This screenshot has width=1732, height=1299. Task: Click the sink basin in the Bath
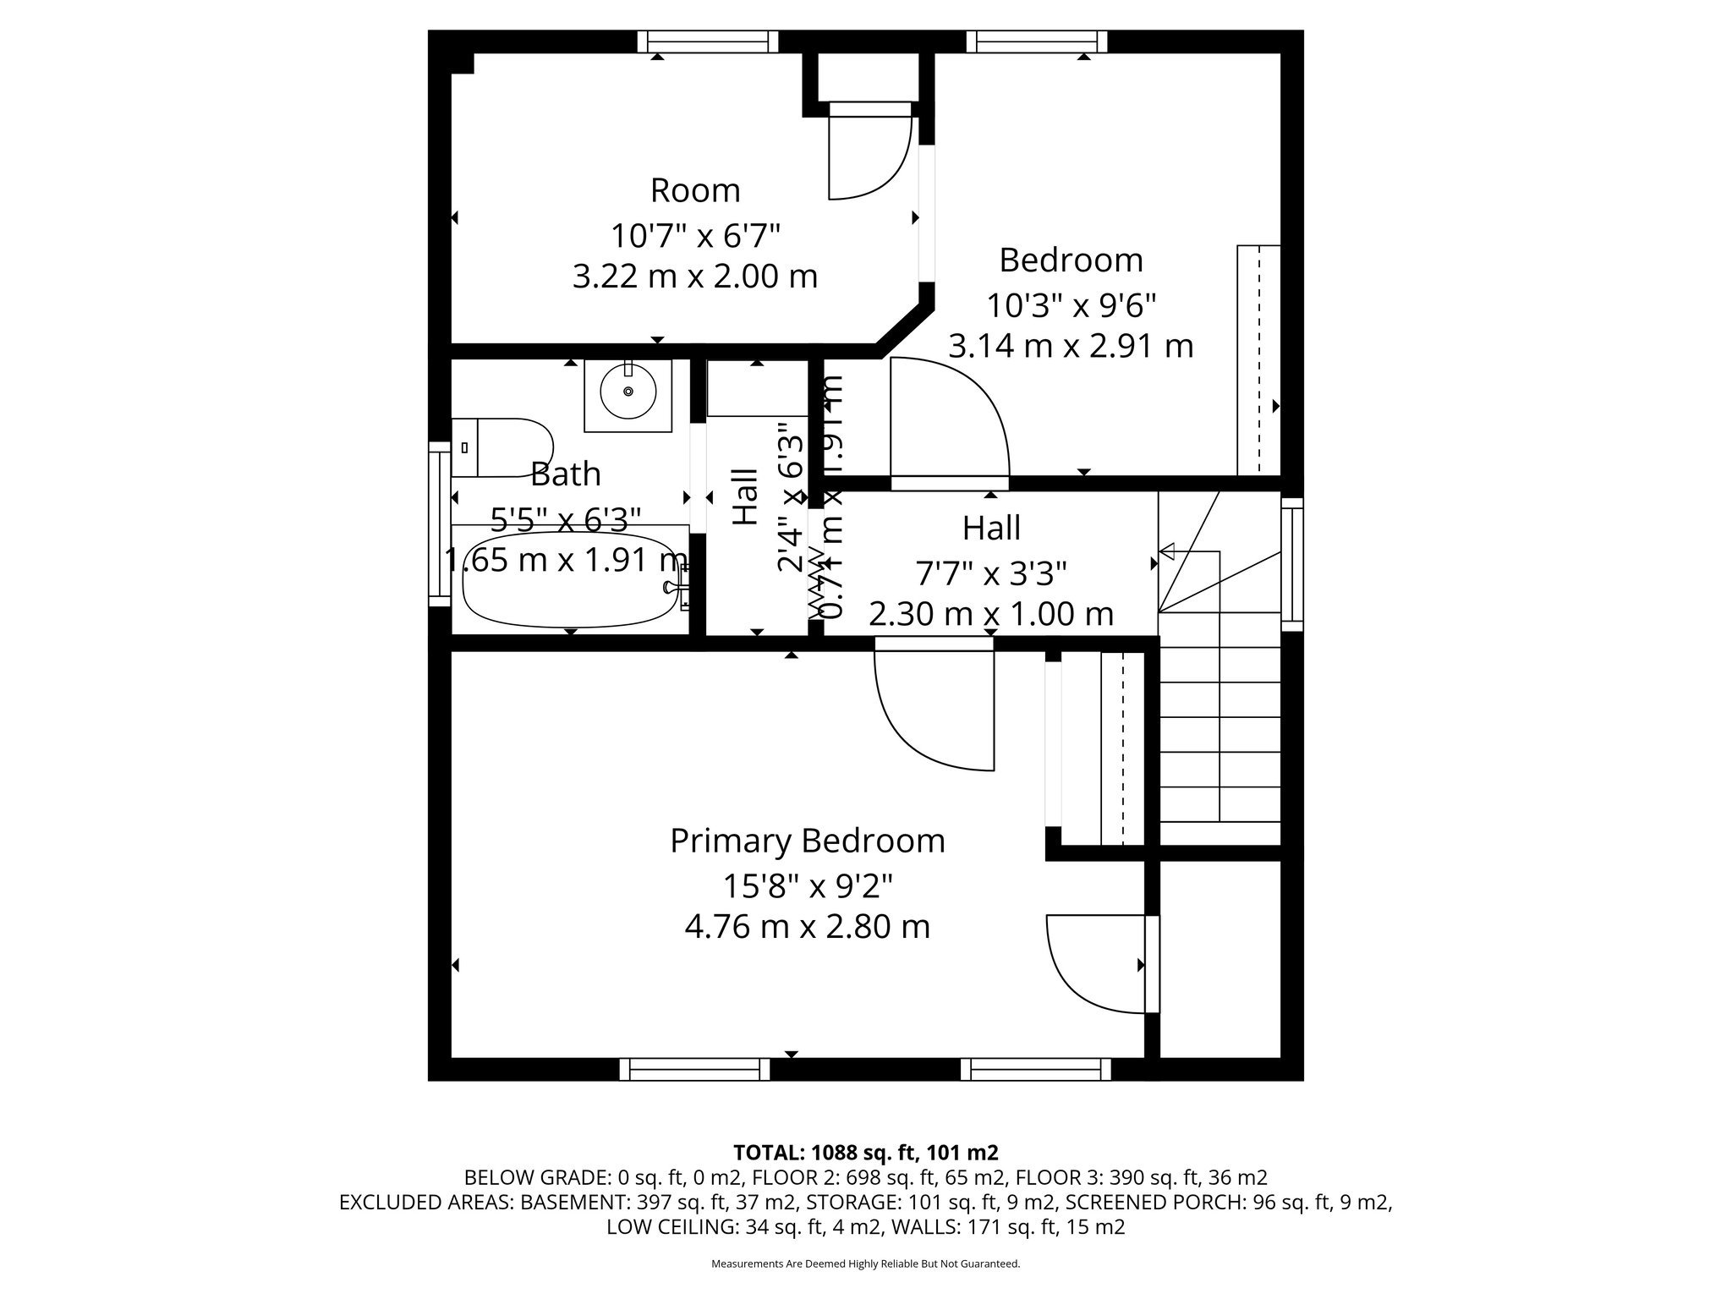tap(628, 392)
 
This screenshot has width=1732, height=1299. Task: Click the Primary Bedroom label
tap(807, 841)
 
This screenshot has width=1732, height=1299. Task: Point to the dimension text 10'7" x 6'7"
tap(694, 234)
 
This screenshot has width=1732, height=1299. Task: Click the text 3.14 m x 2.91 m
tap(1070, 346)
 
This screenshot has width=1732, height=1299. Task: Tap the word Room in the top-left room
tap(694, 190)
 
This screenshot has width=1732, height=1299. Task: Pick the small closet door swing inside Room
tap(867, 156)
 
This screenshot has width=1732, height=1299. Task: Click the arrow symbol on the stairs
tap(1168, 552)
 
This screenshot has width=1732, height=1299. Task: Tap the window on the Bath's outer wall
tap(439, 523)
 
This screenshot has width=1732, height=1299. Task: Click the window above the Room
tap(707, 41)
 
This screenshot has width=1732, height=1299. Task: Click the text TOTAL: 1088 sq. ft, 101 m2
tap(865, 1152)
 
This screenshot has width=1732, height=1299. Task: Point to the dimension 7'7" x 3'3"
tap(990, 573)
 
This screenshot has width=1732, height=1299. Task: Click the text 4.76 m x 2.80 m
tap(807, 927)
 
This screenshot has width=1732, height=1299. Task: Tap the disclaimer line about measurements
tap(865, 1264)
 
